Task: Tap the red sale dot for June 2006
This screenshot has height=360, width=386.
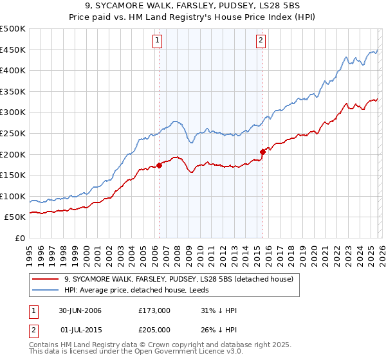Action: (x=159, y=166)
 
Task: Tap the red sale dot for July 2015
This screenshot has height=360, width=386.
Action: (x=262, y=152)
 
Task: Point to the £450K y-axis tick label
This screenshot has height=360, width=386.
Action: (x=13, y=50)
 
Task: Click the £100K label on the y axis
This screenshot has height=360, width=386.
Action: (x=13, y=197)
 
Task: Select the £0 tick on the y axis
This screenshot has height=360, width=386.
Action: (x=19, y=239)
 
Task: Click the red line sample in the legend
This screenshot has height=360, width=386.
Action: (x=46, y=279)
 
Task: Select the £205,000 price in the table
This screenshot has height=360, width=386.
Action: (x=155, y=330)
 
